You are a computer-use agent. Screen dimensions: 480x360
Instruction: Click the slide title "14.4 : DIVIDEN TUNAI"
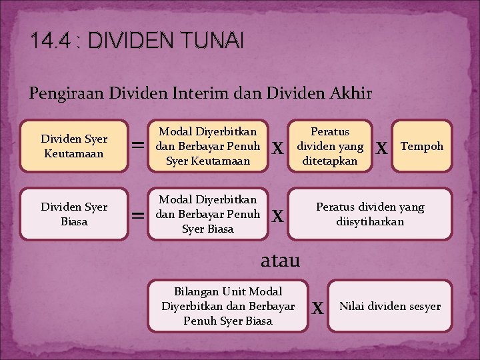[137, 42]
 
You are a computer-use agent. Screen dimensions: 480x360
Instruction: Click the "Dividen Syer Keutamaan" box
[73, 147]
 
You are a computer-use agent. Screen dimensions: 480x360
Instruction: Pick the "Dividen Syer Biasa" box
[73, 214]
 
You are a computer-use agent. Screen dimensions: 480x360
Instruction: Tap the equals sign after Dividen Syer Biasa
[138, 215]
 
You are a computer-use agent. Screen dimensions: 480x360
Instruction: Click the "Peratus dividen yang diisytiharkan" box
[370, 214]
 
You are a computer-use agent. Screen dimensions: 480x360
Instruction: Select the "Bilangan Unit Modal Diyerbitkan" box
[228, 306]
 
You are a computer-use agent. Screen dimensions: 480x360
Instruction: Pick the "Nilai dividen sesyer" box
[390, 306]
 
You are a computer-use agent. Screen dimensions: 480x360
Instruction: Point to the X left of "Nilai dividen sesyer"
[319, 308]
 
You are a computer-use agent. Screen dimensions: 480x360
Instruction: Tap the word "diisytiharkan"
[370, 221]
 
